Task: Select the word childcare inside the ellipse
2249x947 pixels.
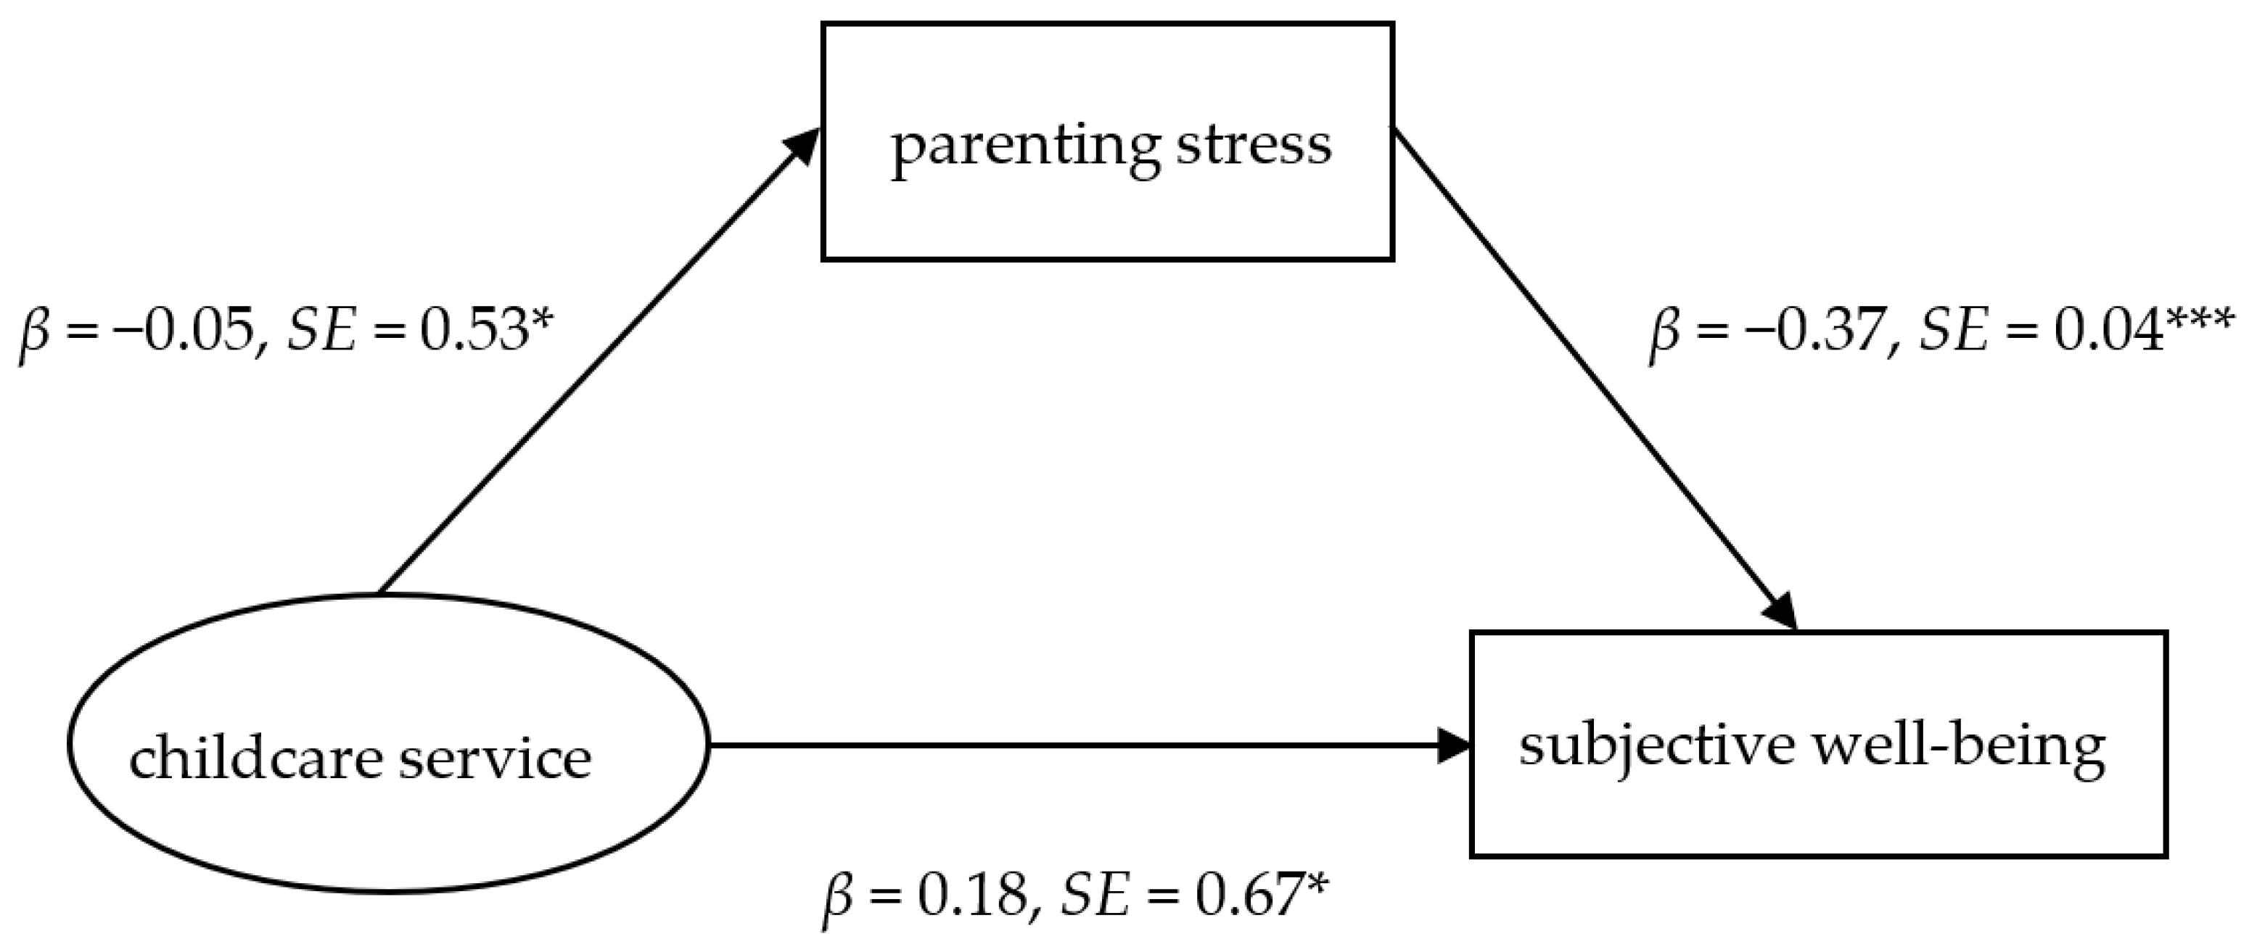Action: point(256,758)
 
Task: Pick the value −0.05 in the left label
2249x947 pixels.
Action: point(184,333)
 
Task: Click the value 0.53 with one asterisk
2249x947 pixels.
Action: point(472,333)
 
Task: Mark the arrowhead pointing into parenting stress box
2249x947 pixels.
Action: point(802,147)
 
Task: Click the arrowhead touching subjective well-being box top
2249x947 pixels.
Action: point(1781,611)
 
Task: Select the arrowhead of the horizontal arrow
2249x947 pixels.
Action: point(1454,745)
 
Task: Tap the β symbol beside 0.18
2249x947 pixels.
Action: point(839,900)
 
